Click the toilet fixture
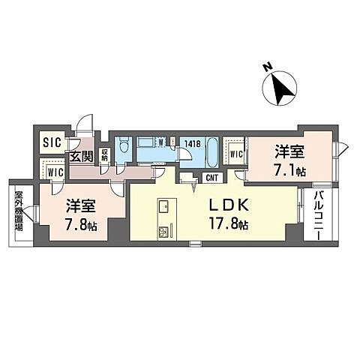(124, 145)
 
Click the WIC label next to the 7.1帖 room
(235, 154)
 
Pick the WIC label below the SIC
(55, 171)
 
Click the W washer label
(161, 141)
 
